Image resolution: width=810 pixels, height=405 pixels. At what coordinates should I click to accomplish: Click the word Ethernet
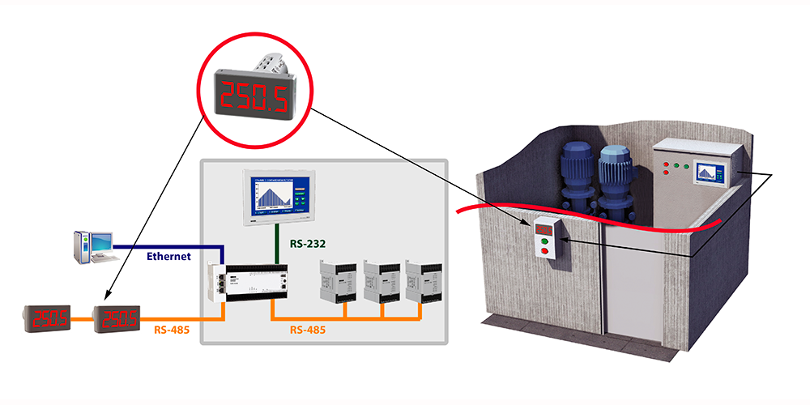(168, 257)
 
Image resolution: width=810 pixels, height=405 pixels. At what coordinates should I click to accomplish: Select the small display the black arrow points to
(119, 319)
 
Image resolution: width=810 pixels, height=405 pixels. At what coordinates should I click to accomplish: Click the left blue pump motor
(578, 174)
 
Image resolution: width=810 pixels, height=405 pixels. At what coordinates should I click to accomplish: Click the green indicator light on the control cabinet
(685, 168)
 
